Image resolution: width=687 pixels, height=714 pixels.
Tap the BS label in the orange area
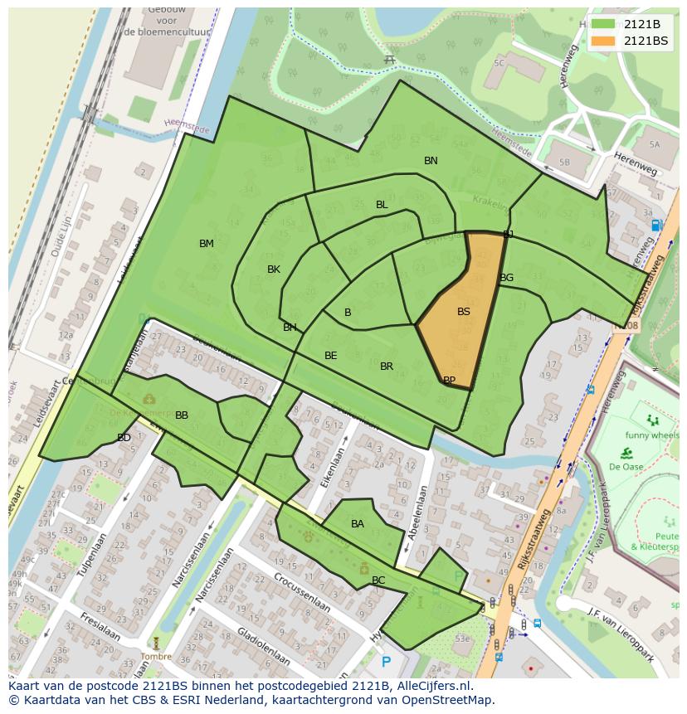point(463,312)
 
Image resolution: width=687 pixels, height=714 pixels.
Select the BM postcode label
point(207,244)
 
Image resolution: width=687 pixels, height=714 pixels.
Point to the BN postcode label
point(431,161)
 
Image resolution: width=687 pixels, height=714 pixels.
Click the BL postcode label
point(382,205)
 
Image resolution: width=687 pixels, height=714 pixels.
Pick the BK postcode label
point(274,270)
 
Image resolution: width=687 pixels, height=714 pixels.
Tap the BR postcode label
point(387,367)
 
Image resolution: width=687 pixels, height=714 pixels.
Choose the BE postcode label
point(330,356)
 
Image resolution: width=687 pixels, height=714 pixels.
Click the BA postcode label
point(357,524)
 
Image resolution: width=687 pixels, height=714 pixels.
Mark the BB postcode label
point(182,415)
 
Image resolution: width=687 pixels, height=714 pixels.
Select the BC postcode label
point(378,580)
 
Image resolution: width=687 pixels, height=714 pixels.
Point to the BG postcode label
point(506,278)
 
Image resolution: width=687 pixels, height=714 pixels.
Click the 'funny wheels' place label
point(652,435)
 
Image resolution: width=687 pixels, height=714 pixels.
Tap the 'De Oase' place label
point(626,466)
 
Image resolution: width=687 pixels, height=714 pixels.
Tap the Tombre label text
point(155,656)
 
